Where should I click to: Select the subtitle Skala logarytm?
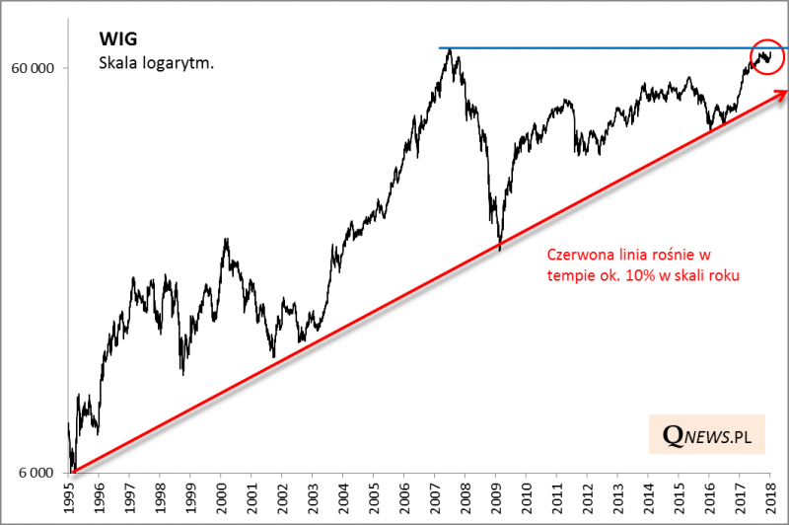pos(157,63)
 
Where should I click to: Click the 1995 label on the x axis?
pos(68,499)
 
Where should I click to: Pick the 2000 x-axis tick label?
pos(221,499)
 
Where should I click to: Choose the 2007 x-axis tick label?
pos(435,499)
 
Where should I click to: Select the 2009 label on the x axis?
pos(496,499)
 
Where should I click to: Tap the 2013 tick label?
pos(618,499)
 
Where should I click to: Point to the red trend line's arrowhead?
pos(782,93)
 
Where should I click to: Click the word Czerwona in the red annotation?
pos(577,255)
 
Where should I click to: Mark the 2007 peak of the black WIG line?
pos(450,50)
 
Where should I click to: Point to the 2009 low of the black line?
pos(500,248)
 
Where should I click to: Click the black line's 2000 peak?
pos(226,239)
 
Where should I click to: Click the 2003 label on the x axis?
pos(313,499)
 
